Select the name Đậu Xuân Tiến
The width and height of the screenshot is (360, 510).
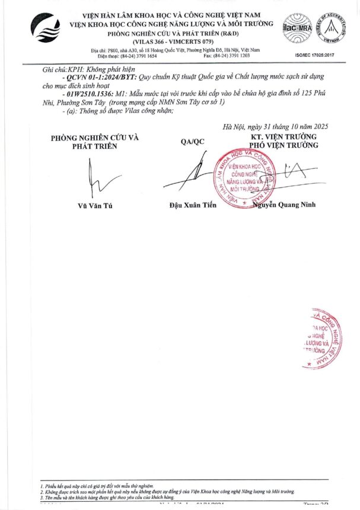pos(193,205)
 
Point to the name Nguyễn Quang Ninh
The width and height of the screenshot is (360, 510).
pos(285,205)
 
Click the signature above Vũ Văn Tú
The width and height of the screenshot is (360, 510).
pos(94,179)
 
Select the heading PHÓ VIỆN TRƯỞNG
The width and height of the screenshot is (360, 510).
pos(284,145)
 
